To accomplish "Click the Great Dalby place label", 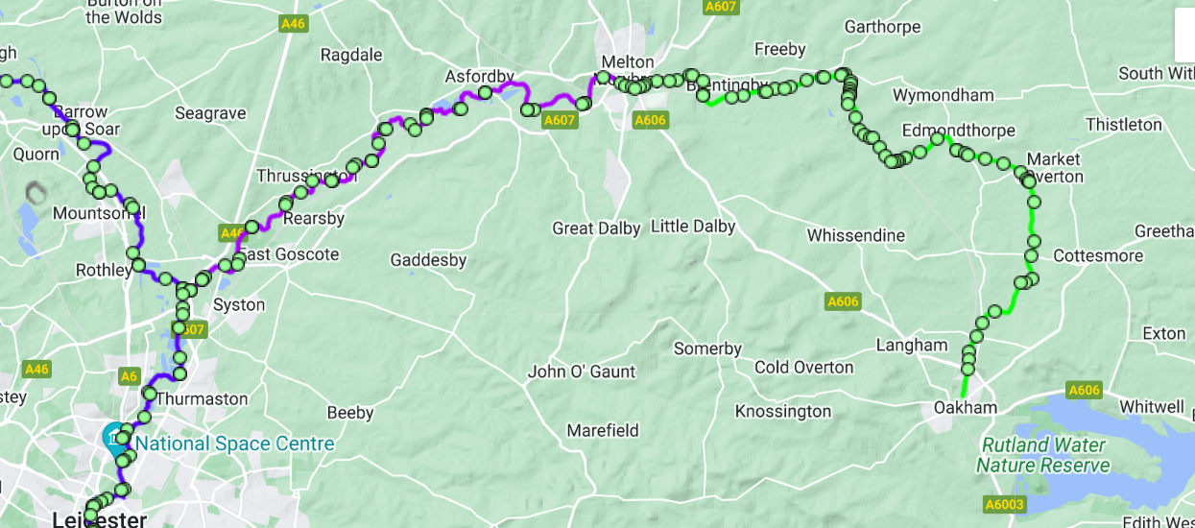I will coord(597,228).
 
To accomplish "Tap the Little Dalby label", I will coord(693,227).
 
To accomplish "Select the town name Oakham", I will coord(965,408).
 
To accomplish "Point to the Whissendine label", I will coord(855,235).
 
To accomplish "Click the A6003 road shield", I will coord(1005,504).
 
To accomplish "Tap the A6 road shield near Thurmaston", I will coord(130,376).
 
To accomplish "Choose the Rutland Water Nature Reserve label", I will coord(1042,455).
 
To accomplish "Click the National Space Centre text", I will coord(234,444).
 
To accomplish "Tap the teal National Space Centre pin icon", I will coord(114,437).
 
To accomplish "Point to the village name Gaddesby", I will coord(428,260).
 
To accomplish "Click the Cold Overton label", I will coord(803,368).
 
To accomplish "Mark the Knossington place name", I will coord(782,411).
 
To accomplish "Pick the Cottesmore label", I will coord(1097,256).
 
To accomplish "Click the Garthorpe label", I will coord(882,27).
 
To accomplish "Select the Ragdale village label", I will coord(351,56).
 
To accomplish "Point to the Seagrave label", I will coord(210,113).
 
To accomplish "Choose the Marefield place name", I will coord(602,430).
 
